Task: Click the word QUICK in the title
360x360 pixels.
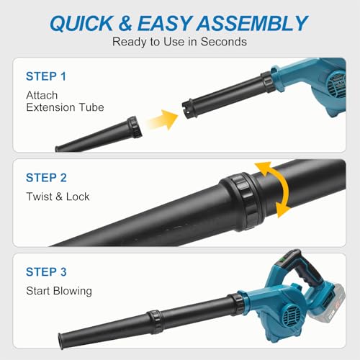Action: [81, 23]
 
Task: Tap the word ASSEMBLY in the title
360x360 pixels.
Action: [252, 23]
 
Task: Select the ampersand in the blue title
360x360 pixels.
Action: [125, 23]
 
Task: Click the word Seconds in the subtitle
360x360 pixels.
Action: [224, 42]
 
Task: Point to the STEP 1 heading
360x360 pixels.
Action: [46, 76]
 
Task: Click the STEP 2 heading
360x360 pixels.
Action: [46, 178]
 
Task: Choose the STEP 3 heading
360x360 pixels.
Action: [46, 272]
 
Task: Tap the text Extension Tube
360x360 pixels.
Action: [65, 107]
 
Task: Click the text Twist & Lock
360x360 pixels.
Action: [58, 197]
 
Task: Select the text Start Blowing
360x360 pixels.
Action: [59, 291]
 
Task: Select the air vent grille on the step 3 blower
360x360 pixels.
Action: [291, 313]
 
